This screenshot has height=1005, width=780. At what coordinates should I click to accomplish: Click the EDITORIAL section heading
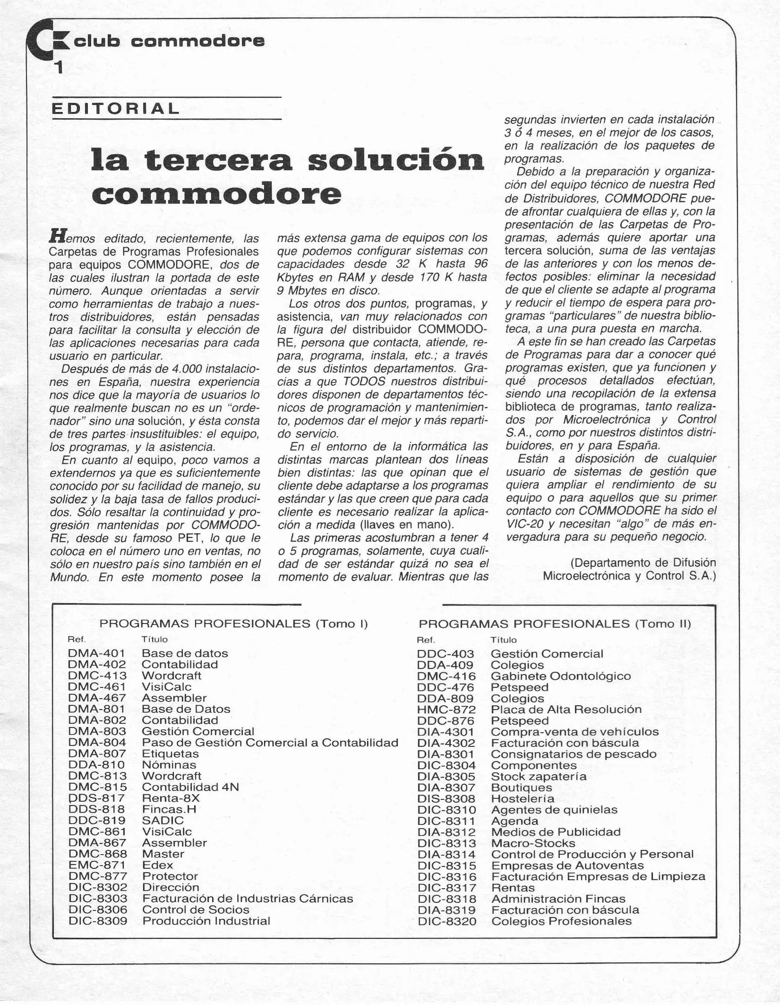(115, 109)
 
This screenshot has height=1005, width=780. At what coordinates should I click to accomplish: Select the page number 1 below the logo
(59, 68)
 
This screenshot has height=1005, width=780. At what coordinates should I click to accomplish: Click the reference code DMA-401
(97, 653)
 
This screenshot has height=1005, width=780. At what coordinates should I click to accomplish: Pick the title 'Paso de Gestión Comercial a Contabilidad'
(270, 743)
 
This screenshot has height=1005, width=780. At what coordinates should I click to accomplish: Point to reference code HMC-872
(446, 710)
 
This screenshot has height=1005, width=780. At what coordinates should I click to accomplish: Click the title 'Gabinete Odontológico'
(560, 676)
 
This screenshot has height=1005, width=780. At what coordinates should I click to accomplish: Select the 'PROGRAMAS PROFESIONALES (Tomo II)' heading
(554, 623)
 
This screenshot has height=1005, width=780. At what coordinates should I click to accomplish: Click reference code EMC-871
(97, 865)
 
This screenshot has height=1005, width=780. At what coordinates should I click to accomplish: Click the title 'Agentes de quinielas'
(554, 810)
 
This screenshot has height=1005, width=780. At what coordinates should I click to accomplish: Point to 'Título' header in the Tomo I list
(154, 640)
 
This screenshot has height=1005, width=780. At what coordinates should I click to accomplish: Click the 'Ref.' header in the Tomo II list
(426, 640)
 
